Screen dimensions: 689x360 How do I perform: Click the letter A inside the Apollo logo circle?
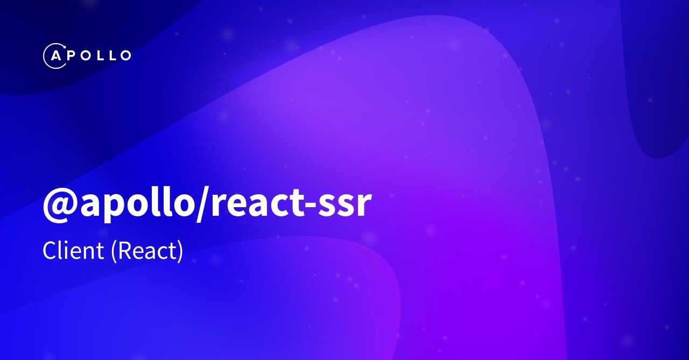point(55,55)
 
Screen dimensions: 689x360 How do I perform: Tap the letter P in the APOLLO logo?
point(72,55)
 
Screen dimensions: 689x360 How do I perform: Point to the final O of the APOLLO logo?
point(125,55)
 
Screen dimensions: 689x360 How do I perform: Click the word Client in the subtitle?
point(73,251)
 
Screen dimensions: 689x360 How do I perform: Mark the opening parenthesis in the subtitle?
point(114,251)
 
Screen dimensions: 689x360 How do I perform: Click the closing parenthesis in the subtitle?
point(180,251)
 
